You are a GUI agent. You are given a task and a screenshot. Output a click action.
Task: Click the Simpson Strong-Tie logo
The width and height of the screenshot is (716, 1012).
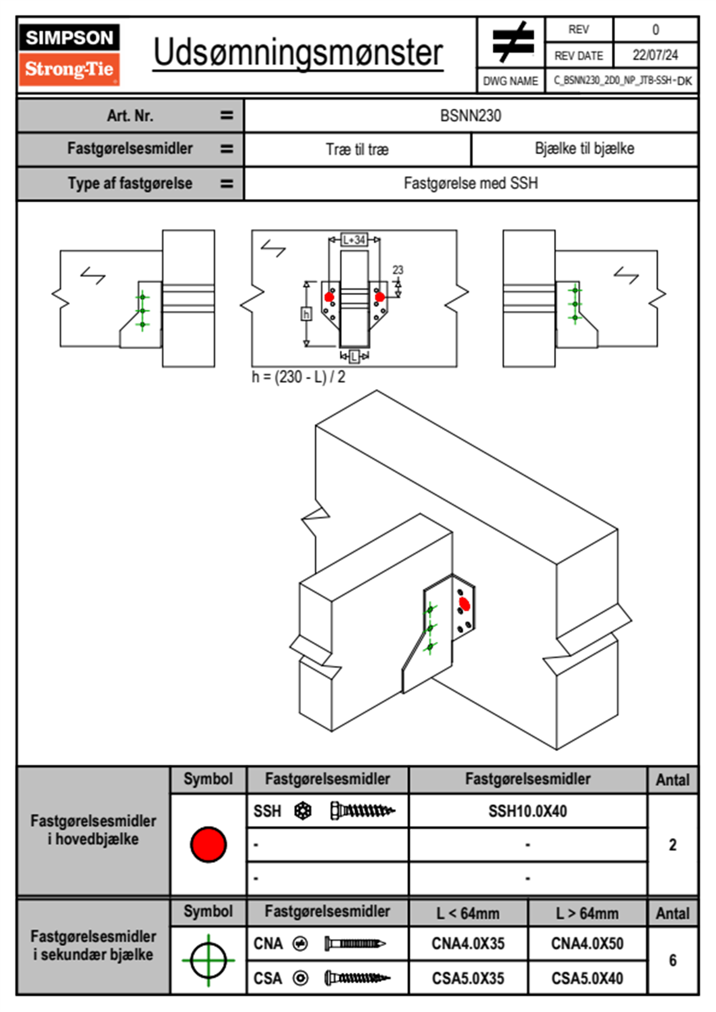coord(69,54)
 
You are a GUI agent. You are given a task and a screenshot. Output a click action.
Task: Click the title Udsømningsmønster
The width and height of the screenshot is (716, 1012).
coord(298,53)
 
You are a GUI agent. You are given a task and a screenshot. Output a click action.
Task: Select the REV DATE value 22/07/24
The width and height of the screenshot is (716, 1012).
coord(655,55)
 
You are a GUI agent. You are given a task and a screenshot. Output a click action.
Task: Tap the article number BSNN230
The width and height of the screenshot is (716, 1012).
coord(471,116)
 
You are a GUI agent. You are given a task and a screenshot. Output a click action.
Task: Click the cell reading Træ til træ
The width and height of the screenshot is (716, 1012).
coord(357,149)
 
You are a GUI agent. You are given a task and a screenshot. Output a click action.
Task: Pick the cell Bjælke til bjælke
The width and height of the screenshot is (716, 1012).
coord(584,149)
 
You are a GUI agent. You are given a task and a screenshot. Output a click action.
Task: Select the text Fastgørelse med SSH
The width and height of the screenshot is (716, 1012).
coord(471,183)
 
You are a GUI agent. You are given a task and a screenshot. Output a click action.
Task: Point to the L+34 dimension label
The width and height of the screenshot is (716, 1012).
coord(354,239)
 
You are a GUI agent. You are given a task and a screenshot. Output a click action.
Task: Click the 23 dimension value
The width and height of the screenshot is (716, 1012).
coord(398,270)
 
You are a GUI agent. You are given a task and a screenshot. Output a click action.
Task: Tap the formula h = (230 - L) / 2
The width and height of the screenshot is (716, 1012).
coord(298,377)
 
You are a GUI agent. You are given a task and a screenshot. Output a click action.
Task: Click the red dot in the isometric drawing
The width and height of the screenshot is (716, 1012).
coord(464,603)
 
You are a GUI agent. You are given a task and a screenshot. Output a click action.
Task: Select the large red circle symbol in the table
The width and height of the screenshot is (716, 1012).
coord(208,844)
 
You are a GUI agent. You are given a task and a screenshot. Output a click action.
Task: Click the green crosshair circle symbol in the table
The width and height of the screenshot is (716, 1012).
coord(208,960)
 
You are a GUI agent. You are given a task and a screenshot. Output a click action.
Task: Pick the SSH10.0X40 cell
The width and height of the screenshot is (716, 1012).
coord(528,811)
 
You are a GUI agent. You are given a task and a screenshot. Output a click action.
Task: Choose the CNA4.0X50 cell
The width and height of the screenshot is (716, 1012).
coord(587,943)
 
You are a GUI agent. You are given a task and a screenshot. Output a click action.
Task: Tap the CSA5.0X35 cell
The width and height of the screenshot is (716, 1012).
coord(468,978)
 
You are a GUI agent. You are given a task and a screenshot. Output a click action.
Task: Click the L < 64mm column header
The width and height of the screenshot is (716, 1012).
coord(468,913)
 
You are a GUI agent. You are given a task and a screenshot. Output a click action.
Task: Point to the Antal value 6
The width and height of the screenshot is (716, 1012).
coord(672,960)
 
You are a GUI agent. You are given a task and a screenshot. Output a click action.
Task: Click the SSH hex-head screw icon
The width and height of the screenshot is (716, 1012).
coord(362,811)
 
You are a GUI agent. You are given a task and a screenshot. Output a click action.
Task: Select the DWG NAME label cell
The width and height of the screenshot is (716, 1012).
coord(510,81)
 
